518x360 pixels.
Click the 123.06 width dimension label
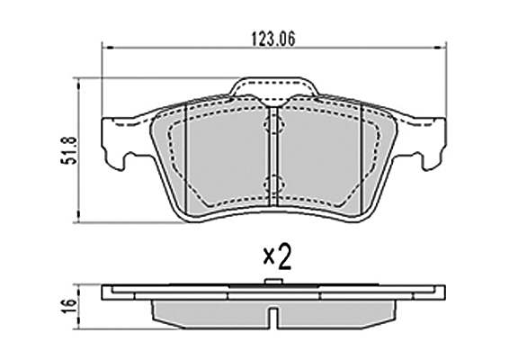point(273,40)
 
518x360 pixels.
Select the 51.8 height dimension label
point(68,150)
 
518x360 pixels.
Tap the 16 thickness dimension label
point(68,306)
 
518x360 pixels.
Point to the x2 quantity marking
point(278,256)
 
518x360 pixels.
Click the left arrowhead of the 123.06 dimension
point(108,48)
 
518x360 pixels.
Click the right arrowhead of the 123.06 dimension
point(440,48)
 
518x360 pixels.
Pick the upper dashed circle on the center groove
point(274,125)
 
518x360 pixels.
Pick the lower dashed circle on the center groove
point(274,184)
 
